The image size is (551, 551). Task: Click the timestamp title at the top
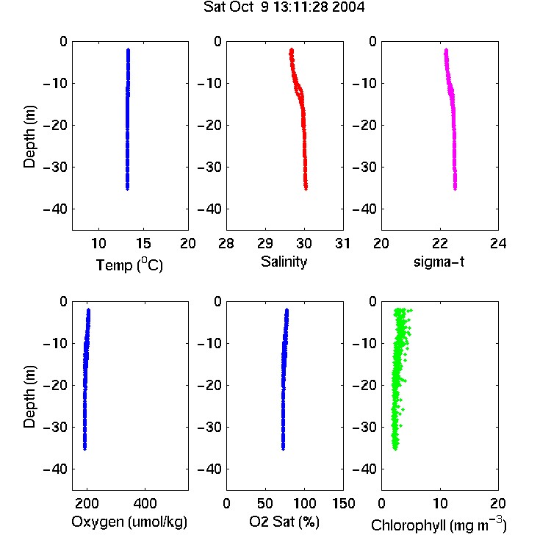(x=284, y=7)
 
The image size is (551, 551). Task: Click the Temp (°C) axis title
(x=129, y=264)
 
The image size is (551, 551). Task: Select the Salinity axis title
(x=284, y=262)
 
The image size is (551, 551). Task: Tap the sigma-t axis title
(x=439, y=262)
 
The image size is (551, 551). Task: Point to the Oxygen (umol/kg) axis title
(x=129, y=522)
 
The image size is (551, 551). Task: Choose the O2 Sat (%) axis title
(x=284, y=522)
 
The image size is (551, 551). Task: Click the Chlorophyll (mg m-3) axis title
(x=439, y=525)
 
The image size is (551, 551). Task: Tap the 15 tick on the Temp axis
(x=143, y=243)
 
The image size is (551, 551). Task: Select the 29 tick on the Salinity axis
(x=265, y=243)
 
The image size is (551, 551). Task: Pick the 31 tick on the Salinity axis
(x=343, y=243)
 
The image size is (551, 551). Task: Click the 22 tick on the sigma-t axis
(x=440, y=243)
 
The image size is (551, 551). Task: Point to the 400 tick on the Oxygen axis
(x=145, y=503)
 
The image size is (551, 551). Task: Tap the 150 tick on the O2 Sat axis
(x=344, y=503)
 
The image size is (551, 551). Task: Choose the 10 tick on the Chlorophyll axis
(x=440, y=503)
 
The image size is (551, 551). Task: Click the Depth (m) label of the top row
(x=29, y=137)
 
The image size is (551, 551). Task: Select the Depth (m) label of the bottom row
(x=29, y=397)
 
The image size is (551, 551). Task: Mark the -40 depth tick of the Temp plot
(x=55, y=209)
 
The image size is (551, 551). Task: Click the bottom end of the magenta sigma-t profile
(x=455, y=190)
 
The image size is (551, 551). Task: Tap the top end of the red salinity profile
(x=292, y=49)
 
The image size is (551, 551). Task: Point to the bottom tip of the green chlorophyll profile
(x=395, y=450)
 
